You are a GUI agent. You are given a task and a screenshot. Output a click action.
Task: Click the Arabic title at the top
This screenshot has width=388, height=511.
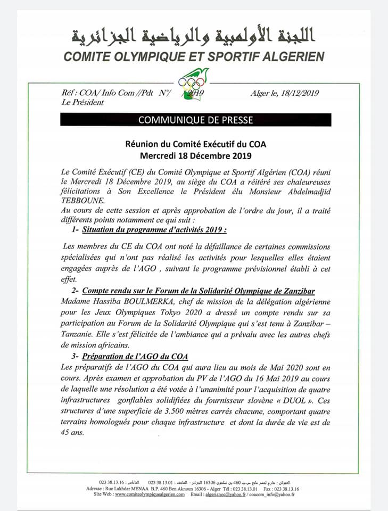point(194,36)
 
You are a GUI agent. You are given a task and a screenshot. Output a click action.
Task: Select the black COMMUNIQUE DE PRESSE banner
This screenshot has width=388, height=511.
point(195,120)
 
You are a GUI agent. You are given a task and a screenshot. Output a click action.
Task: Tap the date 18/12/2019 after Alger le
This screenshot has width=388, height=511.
point(299,93)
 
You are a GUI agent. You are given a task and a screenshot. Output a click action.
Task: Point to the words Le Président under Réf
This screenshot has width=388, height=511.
point(83,102)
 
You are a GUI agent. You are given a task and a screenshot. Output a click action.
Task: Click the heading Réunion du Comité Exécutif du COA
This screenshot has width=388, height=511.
point(195,143)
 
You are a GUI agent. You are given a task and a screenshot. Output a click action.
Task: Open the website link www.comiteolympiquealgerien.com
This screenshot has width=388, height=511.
point(150,494)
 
